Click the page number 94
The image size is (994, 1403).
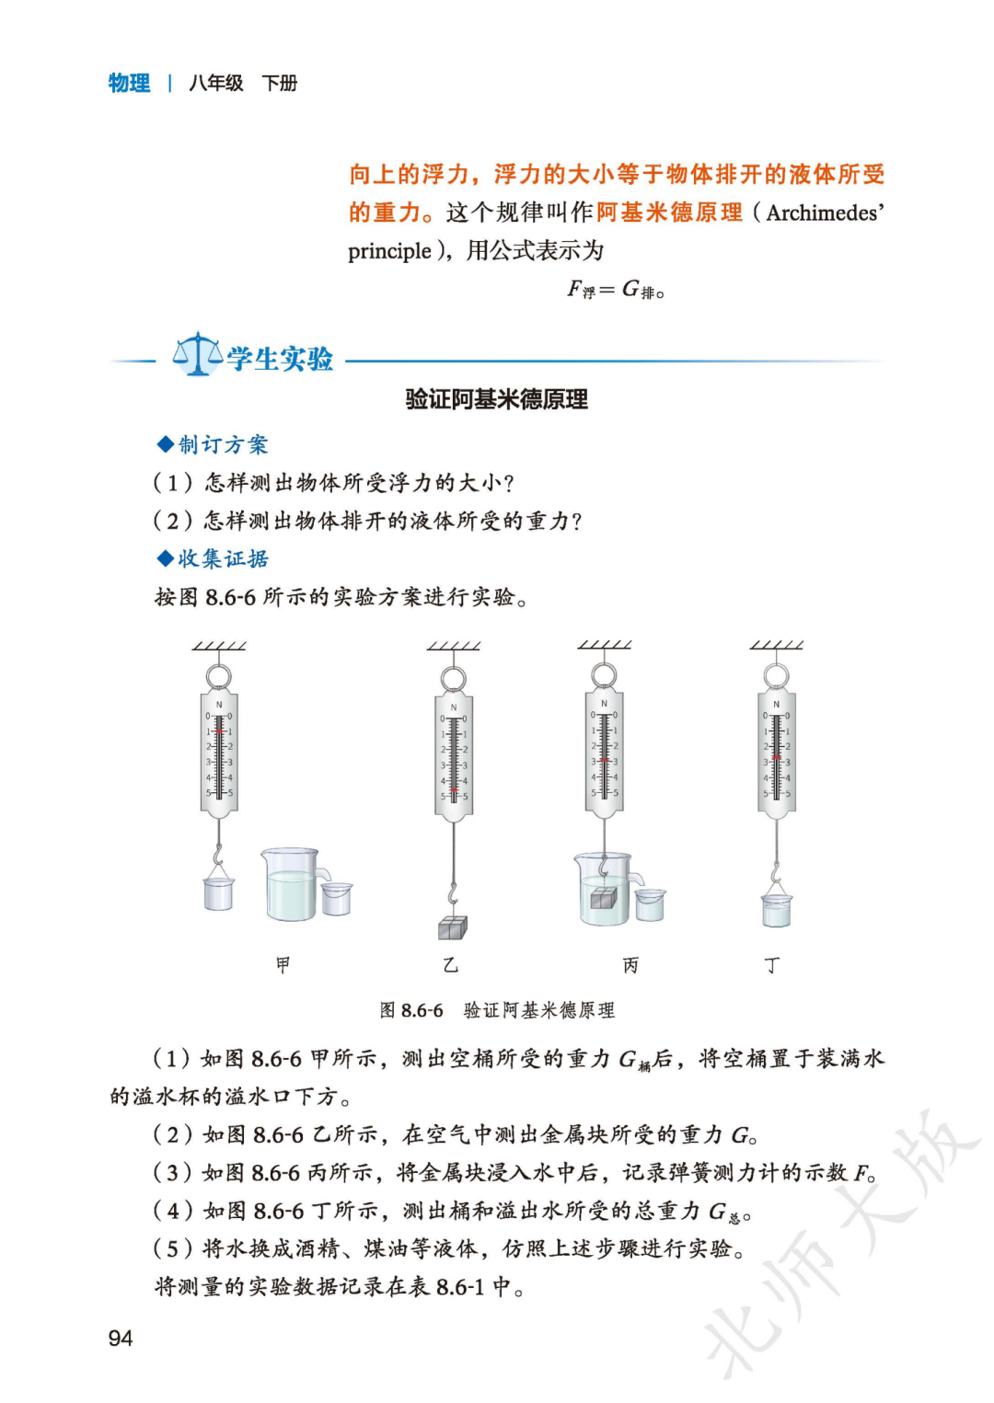121,1338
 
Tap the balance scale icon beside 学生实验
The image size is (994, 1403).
197,354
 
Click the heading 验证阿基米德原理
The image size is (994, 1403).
496,399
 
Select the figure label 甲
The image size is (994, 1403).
283,964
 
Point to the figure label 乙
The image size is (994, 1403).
450,964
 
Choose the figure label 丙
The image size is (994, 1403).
630,964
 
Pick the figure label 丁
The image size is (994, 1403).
771,964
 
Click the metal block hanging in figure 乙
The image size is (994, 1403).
452,927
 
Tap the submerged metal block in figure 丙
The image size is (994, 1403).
603,898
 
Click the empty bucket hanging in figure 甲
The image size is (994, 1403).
218,892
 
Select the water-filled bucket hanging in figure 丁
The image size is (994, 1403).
776,909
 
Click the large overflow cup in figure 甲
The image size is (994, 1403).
292,885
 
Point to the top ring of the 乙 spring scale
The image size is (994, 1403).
453,680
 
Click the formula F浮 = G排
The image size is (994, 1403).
615,290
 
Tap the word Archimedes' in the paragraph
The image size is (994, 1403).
825,213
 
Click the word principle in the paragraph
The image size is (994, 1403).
389,251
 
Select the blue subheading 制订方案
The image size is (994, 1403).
223,445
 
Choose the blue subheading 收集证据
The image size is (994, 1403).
223,558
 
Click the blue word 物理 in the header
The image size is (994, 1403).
129,83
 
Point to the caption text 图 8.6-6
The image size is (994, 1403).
411,1010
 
